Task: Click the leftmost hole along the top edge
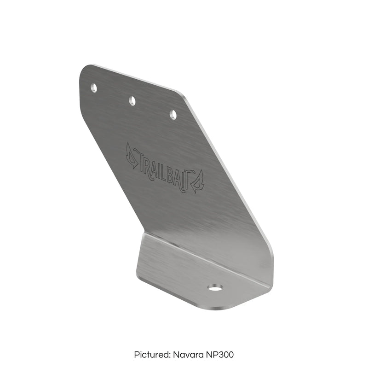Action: [x=94, y=88]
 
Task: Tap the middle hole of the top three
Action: [x=132, y=100]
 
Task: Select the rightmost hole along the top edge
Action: [x=173, y=114]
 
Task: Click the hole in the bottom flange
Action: [x=214, y=288]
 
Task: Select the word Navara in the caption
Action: [x=187, y=355]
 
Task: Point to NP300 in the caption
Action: [x=219, y=355]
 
